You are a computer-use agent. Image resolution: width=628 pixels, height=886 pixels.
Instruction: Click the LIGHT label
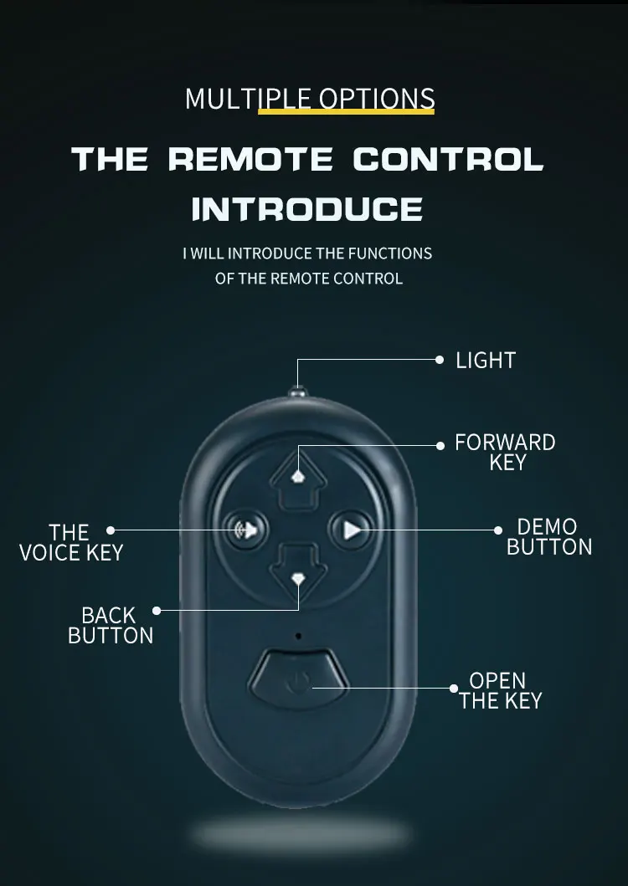pos(485,361)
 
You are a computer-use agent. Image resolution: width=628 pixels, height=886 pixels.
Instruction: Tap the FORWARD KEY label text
pos(505,452)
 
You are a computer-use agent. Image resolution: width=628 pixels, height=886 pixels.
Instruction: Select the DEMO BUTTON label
pos(548,537)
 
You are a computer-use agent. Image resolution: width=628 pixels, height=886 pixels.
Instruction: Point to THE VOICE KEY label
pos(70,542)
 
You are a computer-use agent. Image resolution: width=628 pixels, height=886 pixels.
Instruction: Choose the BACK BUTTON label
pos(111,626)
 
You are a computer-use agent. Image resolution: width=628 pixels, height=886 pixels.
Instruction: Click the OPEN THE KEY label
pos(500,690)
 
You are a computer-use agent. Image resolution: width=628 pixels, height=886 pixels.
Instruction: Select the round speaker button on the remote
pos(246,529)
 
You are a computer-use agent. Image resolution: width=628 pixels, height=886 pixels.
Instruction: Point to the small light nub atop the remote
pos(297,391)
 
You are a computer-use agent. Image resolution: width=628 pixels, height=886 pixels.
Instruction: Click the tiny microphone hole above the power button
pos(298,636)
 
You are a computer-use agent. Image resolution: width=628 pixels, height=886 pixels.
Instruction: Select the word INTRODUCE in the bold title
pos(307,208)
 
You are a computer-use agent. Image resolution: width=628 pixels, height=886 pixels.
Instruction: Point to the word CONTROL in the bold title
pos(447,159)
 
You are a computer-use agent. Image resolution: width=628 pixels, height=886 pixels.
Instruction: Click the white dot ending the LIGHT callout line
pos(440,360)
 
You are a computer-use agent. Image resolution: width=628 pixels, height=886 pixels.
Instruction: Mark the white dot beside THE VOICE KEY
pos(111,530)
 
